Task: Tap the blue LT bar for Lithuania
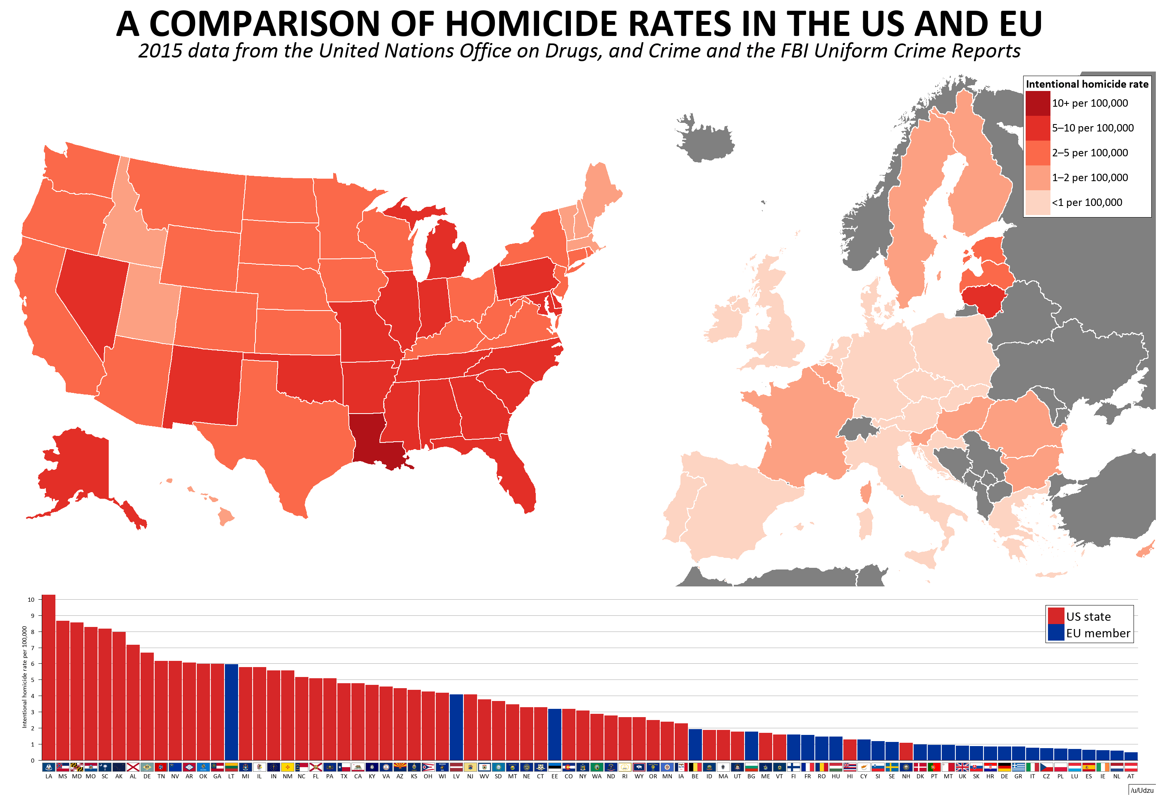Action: (x=231, y=711)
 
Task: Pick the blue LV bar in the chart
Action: (x=456, y=726)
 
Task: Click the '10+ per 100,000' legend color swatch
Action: (x=1037, y=103)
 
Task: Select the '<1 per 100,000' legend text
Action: (x=1086, y=203)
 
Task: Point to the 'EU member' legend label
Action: (x=1098, y=633)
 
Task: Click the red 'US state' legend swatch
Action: (x=1055, y=616)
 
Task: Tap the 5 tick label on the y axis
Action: (x=33, y=680)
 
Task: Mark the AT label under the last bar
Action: (x=1131, y=777)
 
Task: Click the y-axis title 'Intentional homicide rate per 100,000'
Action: (x=24, y=676)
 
